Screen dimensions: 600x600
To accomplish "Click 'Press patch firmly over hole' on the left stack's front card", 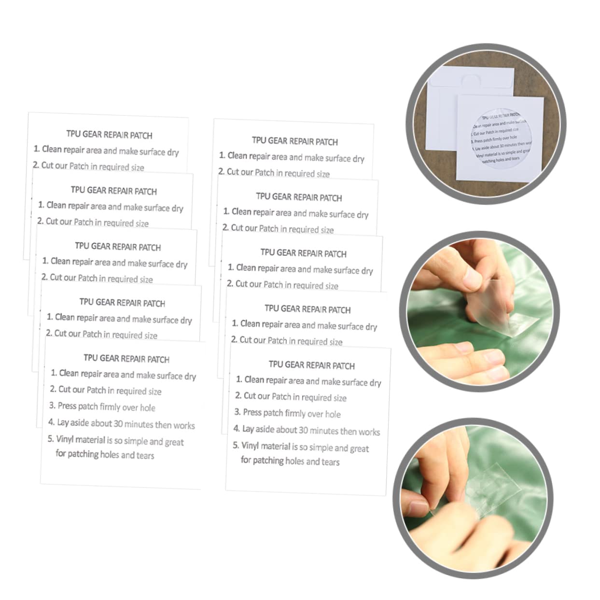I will (106, 406).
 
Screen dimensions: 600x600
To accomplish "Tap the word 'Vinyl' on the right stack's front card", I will (250, 446).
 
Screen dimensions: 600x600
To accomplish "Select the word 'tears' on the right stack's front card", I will (330, 462).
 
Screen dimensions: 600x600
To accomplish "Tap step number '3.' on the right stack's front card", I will (237, 412).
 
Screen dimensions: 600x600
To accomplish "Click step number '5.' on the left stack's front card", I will (50, 439).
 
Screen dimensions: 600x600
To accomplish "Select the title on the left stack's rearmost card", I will (109, 135).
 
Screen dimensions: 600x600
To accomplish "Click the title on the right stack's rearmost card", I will (295, 141).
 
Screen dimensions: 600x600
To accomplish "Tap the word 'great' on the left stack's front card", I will (174, 442).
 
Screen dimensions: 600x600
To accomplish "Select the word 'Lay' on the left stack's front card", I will (63, 422).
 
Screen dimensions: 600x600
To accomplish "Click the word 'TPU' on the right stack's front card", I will (277, 364).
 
